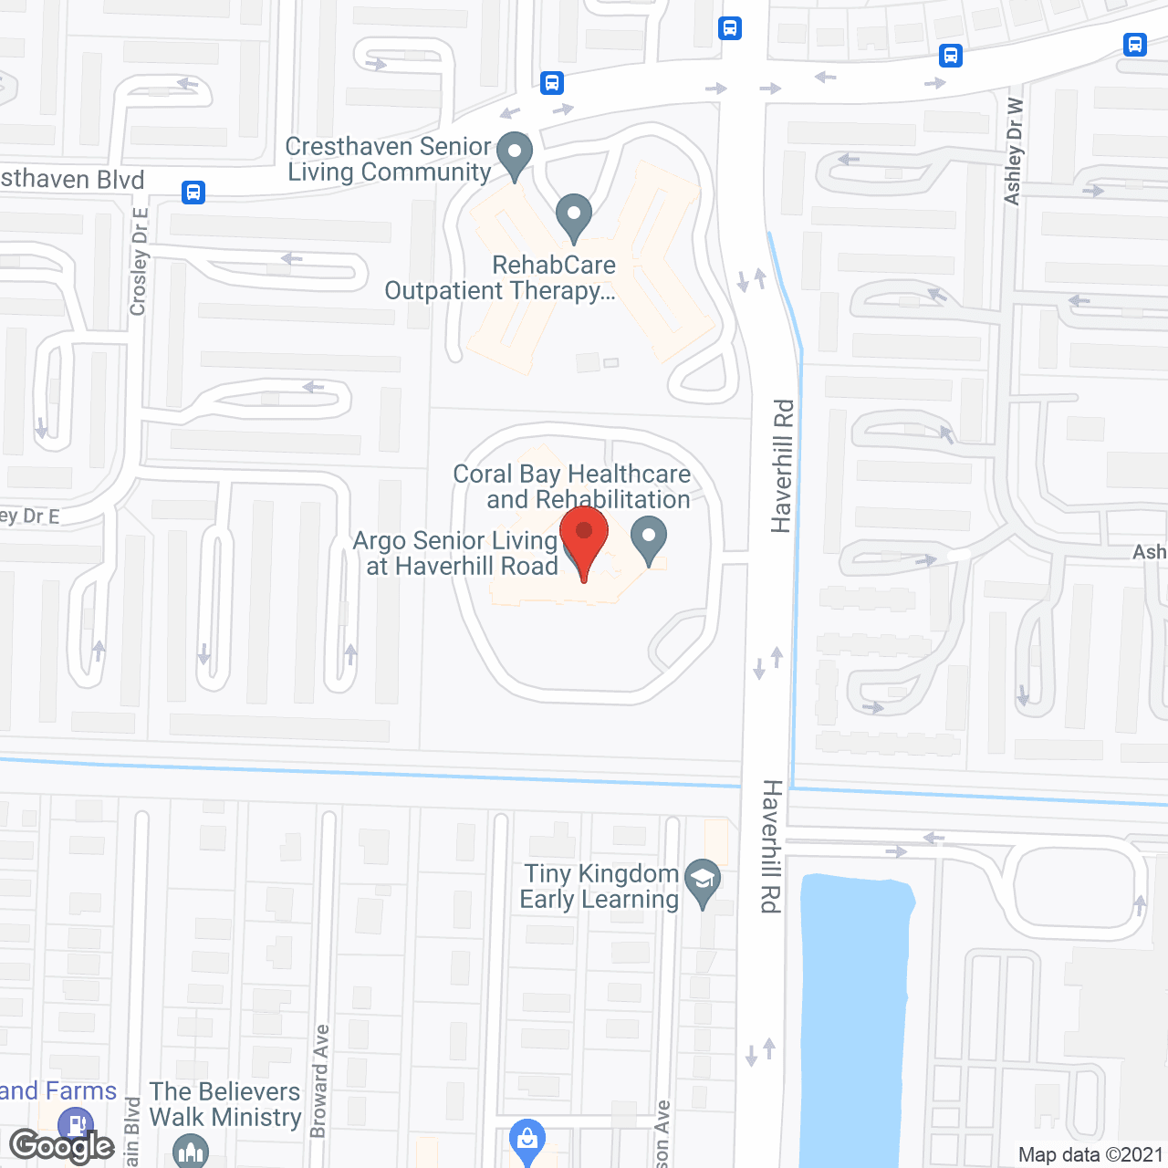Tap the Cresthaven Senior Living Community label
tap(389, 160)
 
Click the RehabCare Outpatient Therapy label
tap(500, 277)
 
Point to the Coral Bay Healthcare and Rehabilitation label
tap(572, 486)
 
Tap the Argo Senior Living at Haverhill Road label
tap(455, 553)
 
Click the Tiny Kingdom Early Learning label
tap(600, 886)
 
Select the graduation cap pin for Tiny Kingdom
tap(703, 881)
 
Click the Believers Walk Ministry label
tap(224, 1104)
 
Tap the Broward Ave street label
tap(319, 1081)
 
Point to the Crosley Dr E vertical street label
tap(139, 262)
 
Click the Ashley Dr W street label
tap(1014, 151)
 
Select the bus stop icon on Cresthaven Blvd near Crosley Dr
tap(193, 193)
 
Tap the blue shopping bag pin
tap(527, 1141)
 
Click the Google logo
tap(62, 1146)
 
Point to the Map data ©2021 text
tap(1090, 1155)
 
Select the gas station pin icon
tap(75, 1124)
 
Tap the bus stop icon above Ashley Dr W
tap(951, 56)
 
